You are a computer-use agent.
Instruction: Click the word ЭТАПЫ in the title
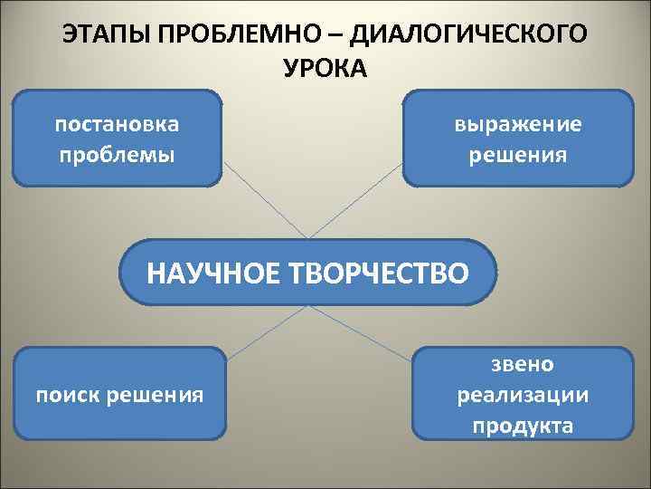pyautogui.click(x=99, y=34)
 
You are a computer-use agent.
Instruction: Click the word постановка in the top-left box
pyautogui.click(x=117, y=122)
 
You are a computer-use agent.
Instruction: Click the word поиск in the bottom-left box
pyautogui.click(x=67, y=394)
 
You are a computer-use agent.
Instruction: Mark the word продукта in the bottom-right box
pyautogui.click(x=523, y=425)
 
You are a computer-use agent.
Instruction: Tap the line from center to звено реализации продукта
pyautogui.click(x=366, y=331)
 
